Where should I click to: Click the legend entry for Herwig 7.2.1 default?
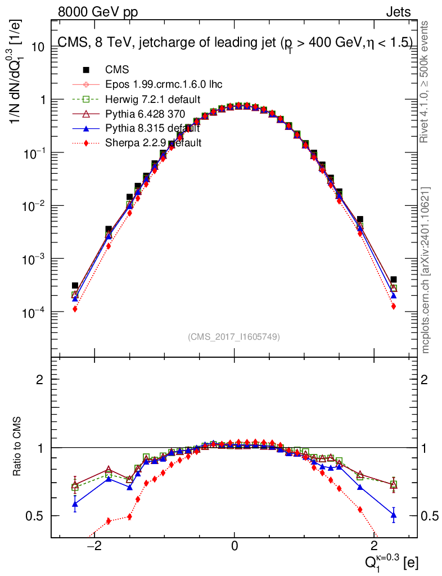tap(152, 100)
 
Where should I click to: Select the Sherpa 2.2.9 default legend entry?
tap(153, 143)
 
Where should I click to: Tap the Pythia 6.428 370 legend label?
tap(145, 114)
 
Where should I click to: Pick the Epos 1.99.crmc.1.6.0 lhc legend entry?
tap(164, 85)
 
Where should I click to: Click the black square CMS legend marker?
tap(86, 70)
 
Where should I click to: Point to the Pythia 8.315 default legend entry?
tap(152, 129)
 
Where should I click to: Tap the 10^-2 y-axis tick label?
tap(32, 206)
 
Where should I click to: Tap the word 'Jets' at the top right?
tap(398, 12)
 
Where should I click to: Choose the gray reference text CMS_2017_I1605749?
tap(234, 337)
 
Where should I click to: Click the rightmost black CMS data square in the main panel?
tap(394, 280)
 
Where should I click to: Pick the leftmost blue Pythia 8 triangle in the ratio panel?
tap(75, 504)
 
